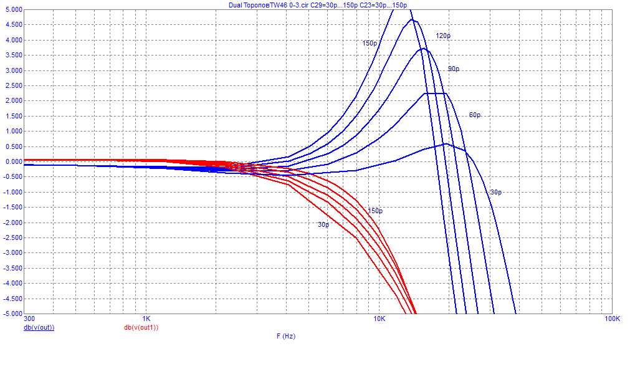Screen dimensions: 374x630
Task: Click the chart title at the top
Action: [318, 5]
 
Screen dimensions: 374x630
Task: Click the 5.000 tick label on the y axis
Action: [12, 10]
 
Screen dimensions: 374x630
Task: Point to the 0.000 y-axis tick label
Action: [12, 161]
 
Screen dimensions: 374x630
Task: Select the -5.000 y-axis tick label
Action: [11, 313]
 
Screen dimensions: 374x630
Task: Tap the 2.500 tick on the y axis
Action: [12, 85]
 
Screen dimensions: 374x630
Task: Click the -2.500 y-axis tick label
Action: [11, 237]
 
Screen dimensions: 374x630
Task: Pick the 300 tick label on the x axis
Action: [29, 319]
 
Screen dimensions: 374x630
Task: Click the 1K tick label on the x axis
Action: [146, 319]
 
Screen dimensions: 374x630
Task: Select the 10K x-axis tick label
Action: [379, 319]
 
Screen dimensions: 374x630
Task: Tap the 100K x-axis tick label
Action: [611, 319]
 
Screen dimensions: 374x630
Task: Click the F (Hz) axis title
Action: [286, 336]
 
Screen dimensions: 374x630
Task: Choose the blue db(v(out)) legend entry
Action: [39, 327]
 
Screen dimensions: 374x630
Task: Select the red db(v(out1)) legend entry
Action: [141, 327]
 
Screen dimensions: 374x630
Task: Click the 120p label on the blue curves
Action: [442, 36]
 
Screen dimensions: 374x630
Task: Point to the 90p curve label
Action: [454, 69]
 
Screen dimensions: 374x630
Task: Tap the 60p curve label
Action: [475, 115]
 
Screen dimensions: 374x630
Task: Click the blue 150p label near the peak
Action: [370, 44]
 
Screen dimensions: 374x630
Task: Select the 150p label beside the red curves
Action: [375, 211]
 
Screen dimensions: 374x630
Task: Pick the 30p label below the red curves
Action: [323, 224]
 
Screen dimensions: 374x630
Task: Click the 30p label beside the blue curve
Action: [495, 193]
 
